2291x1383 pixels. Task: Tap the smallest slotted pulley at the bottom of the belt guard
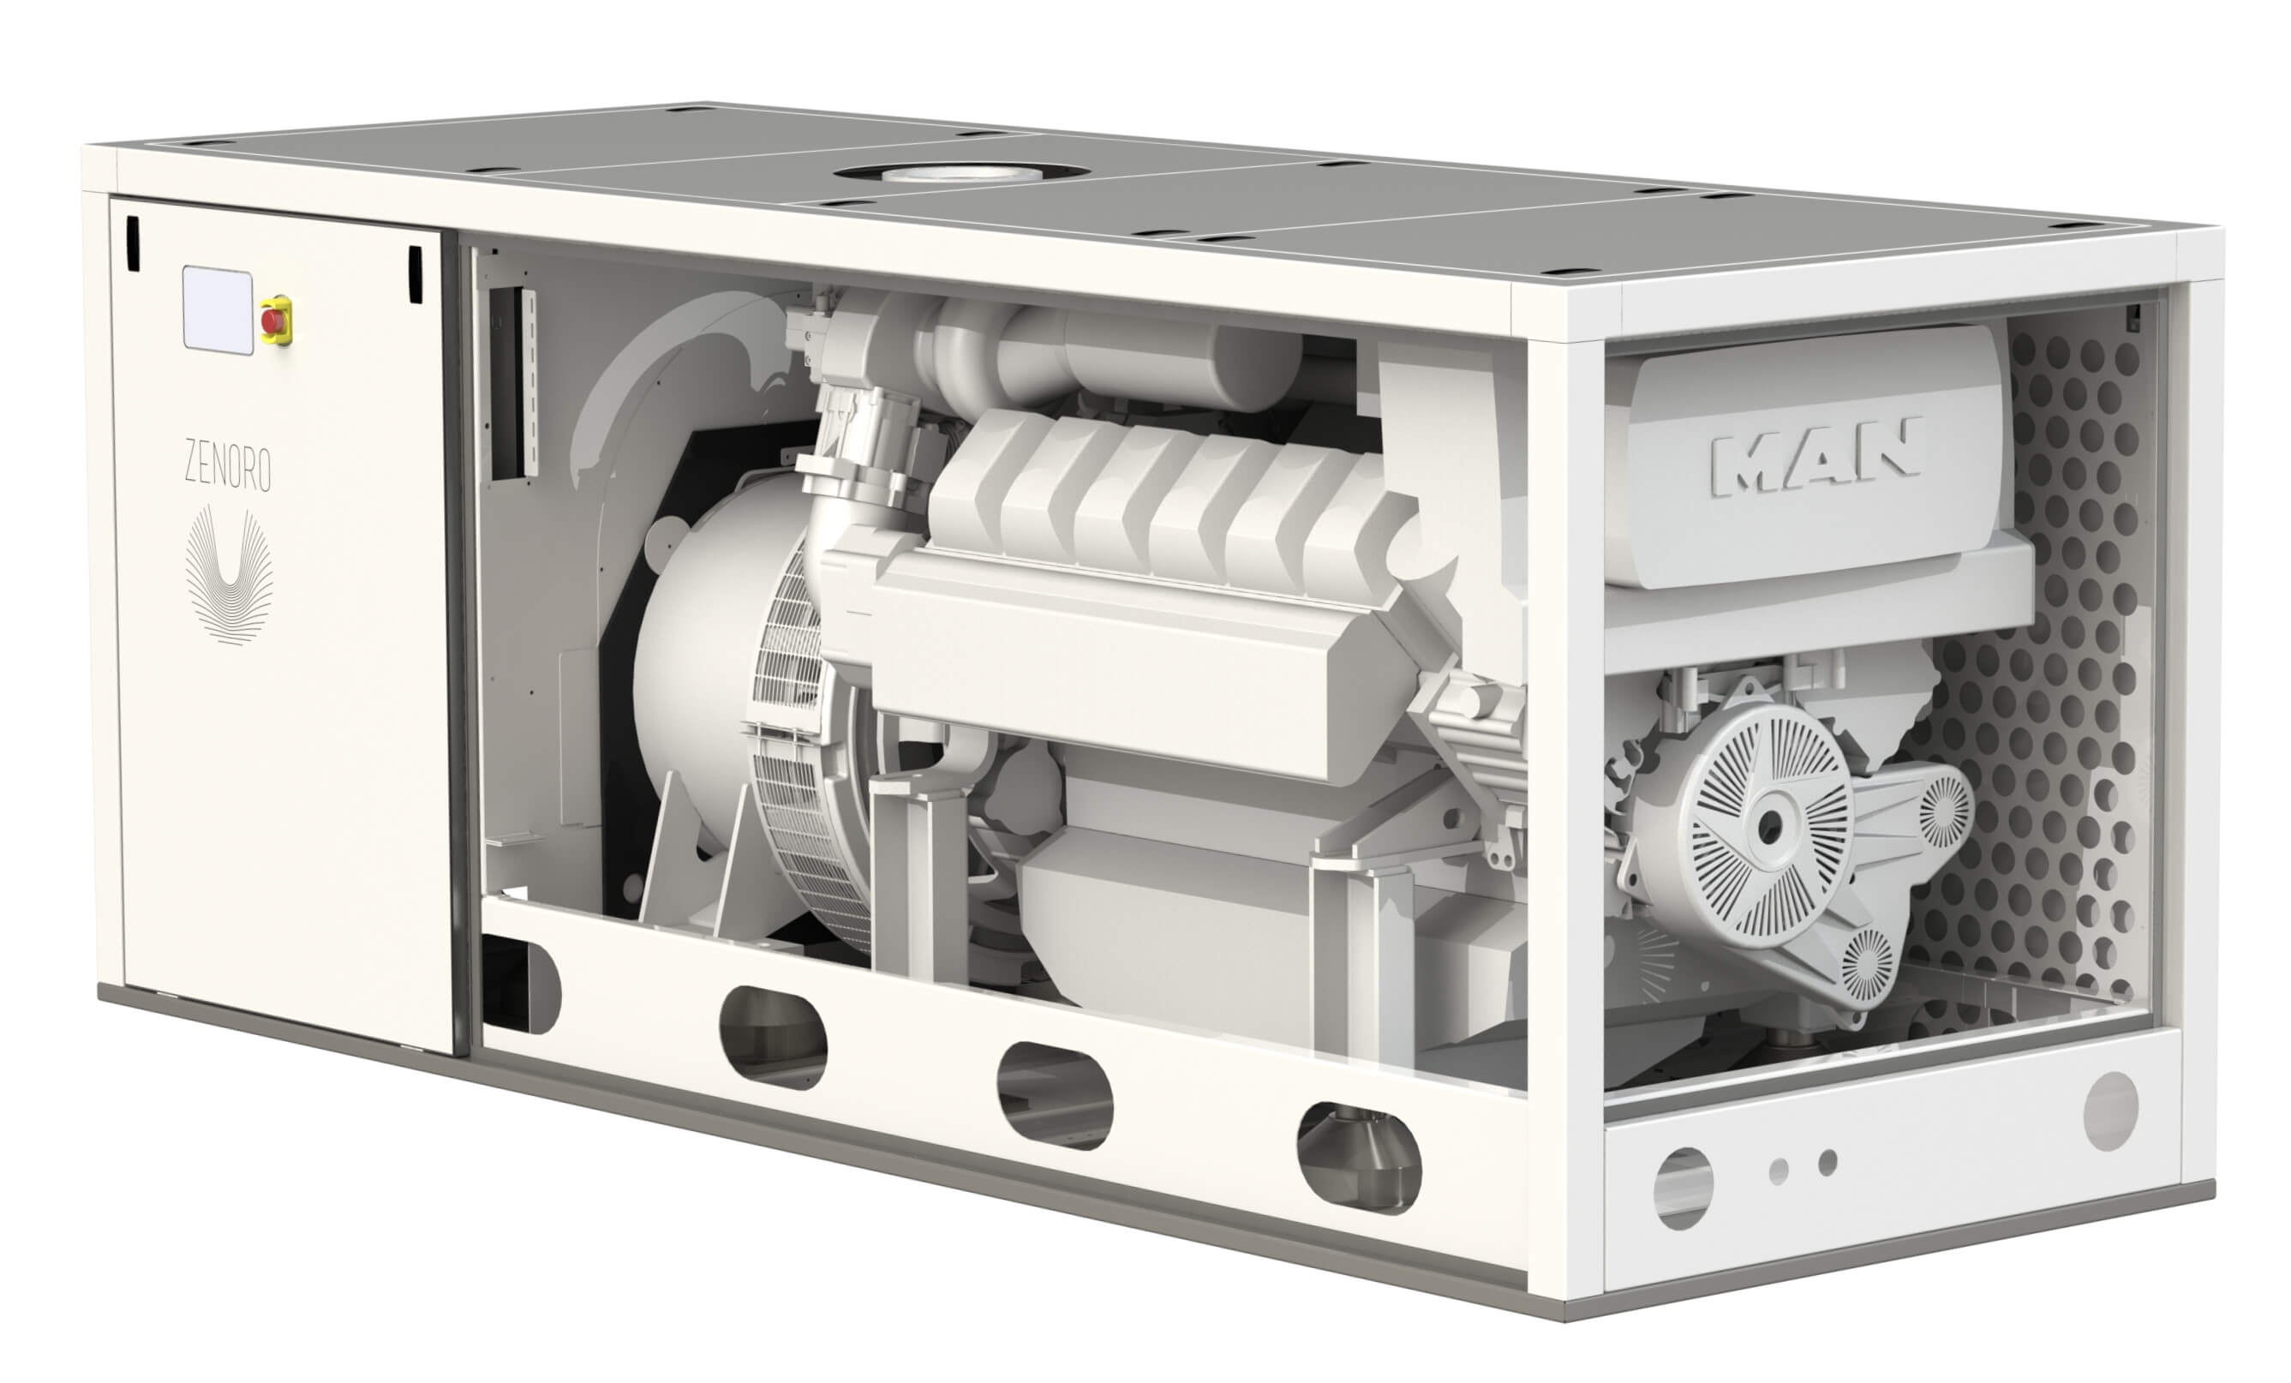pos(1866,967)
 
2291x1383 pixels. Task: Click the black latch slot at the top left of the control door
pos(132,243)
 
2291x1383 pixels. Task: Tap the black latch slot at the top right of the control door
pos(415,273)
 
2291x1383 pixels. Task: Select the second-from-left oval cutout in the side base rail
pos(773,1038)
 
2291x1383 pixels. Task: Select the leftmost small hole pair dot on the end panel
pos(1779,1171)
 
